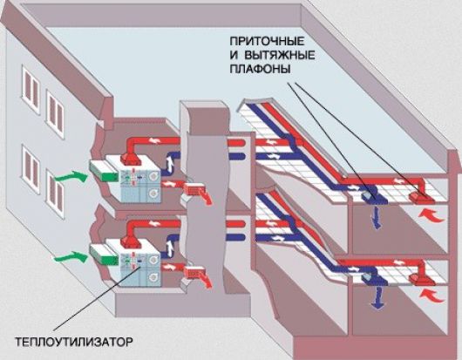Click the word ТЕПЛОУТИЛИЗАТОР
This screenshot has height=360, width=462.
pyautogui.click(x=74, y=343)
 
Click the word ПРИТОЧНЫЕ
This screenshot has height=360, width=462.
pyautogui.click(x=267, y=41)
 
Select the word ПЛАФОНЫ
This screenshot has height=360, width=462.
pyautogui.click(x=260, y=69)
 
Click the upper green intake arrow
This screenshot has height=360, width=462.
pyautogui.click(x=71, y=176)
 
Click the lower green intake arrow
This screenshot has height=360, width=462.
pyautogui.click(x=71, y=256)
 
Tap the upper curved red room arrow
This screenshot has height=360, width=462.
pyautogui.click(x=431, y=215)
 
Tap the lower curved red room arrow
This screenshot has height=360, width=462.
pyautogui.click(x=431, y=295)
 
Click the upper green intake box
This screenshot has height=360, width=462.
pyautogui.click(x=104, y=172)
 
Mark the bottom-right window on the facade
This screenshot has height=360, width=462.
pyautogui.click(x=55, y=194)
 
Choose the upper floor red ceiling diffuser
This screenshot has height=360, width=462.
pyautogui.click(x=421, y=197)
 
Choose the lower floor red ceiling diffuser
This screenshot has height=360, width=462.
pyautogui.click(x=422, y=279)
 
